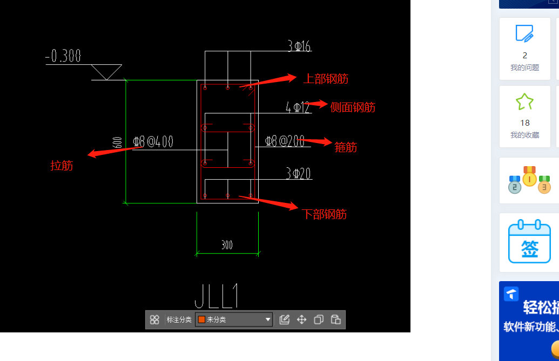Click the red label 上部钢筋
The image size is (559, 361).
326,79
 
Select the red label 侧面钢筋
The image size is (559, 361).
353,107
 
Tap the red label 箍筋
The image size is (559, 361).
346,147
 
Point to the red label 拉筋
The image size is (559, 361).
62,166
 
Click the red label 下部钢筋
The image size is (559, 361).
324,214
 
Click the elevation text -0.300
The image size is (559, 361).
63,56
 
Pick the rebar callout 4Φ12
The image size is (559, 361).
298,107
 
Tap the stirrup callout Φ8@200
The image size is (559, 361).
285,141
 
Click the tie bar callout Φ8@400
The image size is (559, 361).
153,142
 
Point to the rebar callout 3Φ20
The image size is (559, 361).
299,173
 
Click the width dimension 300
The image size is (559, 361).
227,245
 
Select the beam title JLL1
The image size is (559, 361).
216,296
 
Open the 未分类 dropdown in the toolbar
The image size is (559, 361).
234,319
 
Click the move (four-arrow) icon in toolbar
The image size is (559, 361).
301,319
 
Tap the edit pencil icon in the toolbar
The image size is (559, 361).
285,319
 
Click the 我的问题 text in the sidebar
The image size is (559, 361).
524,67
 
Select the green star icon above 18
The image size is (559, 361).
524,101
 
